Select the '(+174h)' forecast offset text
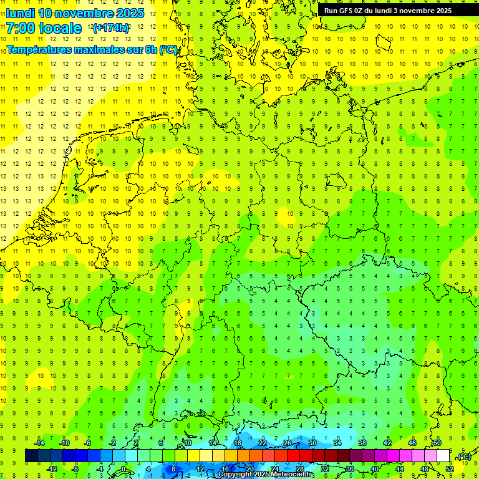click(111, 28)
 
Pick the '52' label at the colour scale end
click(450, 469)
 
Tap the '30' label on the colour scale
click(312, 443)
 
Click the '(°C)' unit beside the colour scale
click(464, 457)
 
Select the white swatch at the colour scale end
click(443, 456)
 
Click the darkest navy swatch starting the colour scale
click(31, 456)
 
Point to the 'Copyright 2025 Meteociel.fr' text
click(266, 475)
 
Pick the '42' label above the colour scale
click(387, 443)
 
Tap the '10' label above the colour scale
click(188, 443)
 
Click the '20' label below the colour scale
click(250, 469)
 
